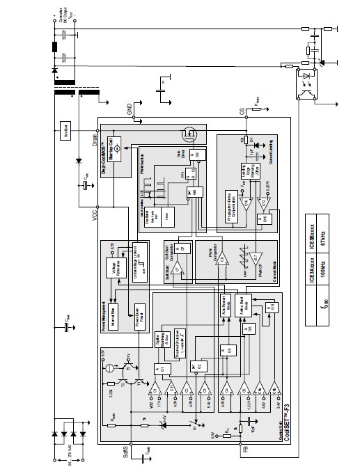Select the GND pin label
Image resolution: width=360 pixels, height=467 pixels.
pos(129,109)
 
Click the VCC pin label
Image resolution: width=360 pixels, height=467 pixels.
pos(97,216)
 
